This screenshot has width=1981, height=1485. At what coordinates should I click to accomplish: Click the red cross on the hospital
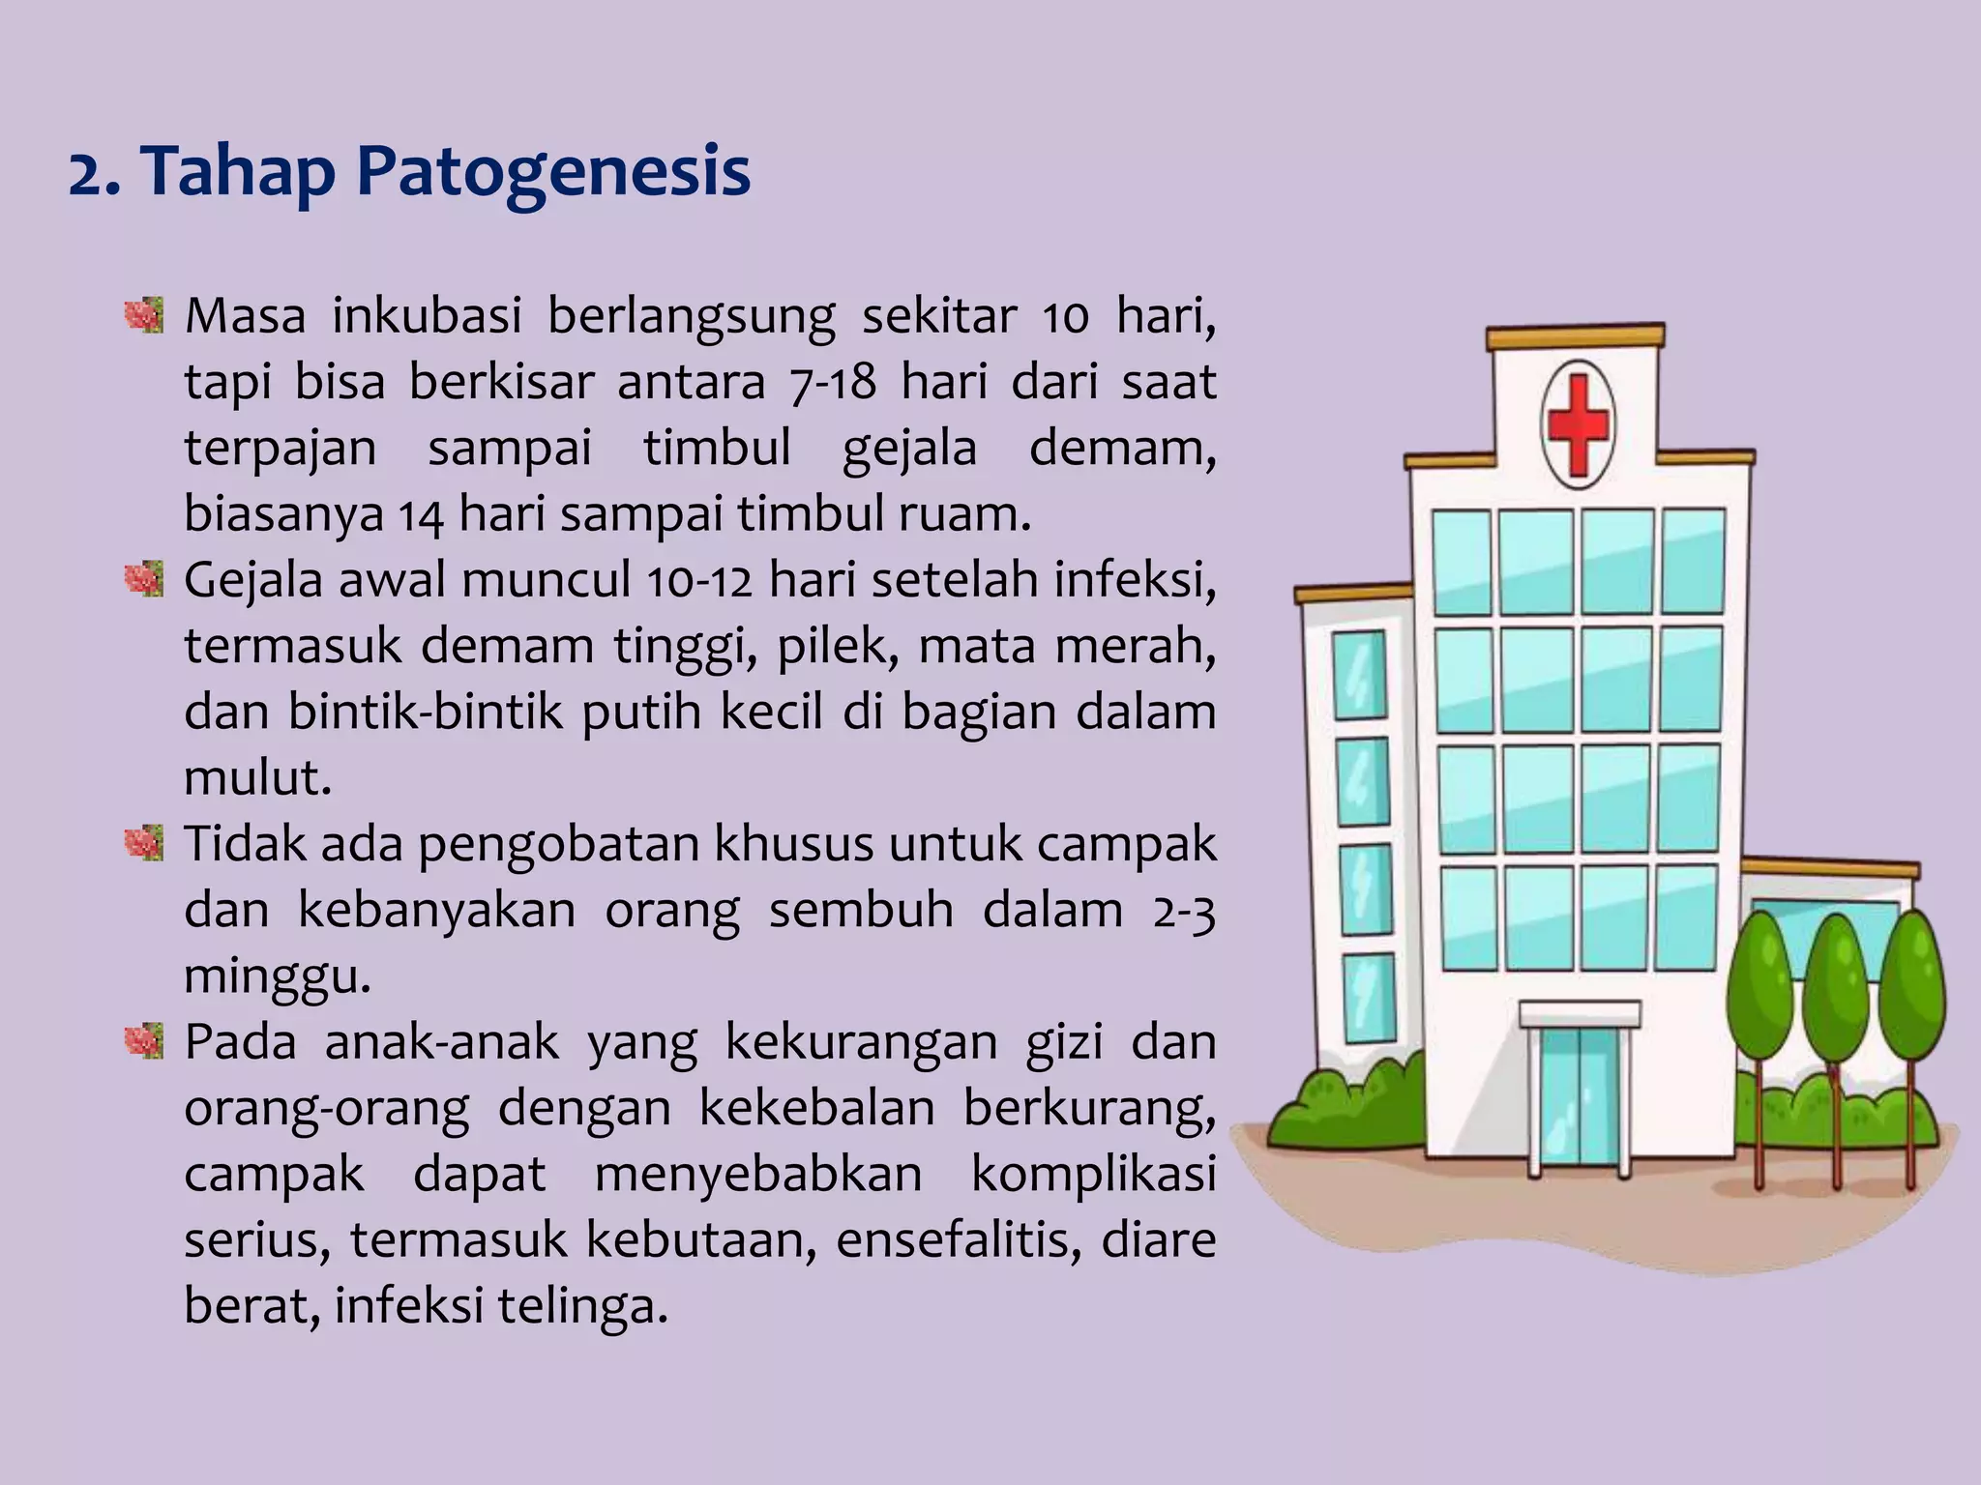1578,425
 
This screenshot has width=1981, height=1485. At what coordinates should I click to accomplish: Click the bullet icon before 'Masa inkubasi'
144,315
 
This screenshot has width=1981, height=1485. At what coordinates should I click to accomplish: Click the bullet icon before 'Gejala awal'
144,579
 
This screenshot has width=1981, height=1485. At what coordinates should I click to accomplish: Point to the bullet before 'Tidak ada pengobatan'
144,843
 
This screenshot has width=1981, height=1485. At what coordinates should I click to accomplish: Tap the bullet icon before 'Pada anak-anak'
144,1041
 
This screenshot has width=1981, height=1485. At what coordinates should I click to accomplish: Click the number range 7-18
833,383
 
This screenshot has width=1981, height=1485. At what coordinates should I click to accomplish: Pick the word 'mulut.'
257,777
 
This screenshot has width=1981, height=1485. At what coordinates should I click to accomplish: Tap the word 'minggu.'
278,976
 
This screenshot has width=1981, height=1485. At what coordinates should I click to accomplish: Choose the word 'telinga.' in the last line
582,1306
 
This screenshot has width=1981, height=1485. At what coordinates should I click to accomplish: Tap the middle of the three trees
1835,996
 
